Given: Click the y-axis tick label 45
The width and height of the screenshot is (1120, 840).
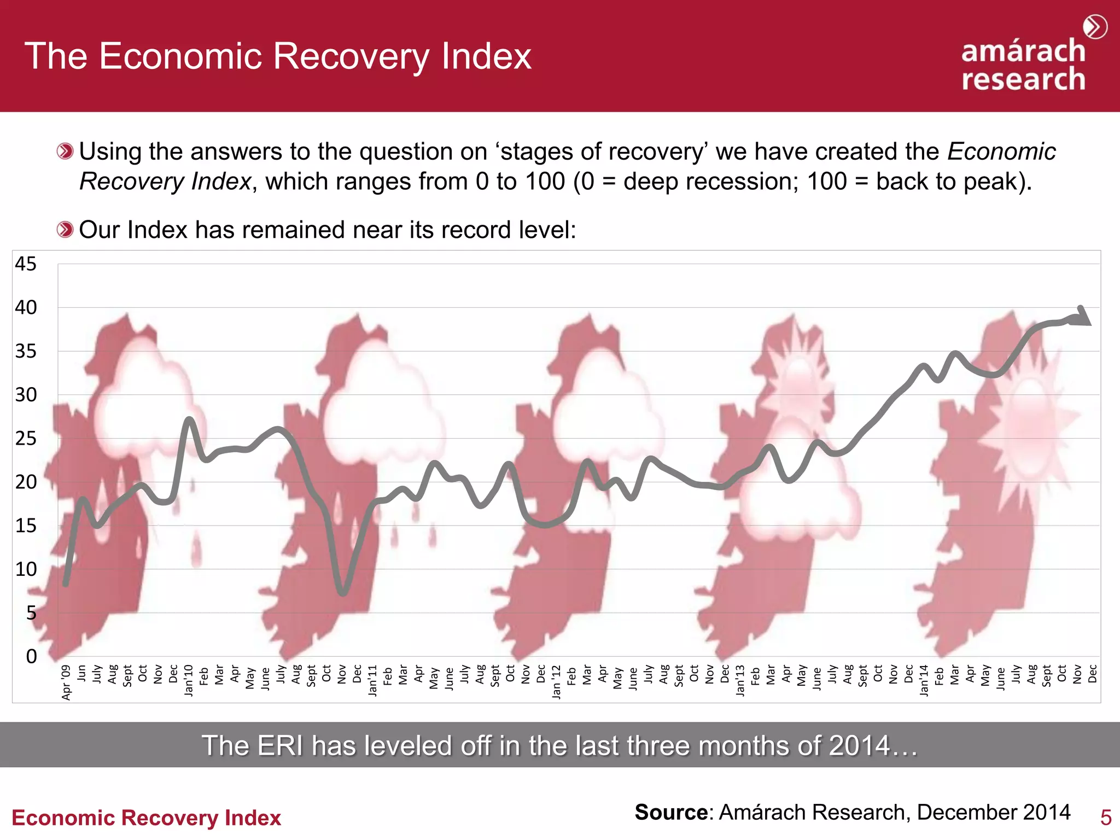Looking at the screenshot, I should coord(26,264).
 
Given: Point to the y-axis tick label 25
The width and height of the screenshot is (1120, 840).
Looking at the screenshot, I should coord(26,439).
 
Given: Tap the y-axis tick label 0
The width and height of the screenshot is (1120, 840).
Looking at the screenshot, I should coord(32,656).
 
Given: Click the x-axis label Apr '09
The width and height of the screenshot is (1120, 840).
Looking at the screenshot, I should coord(67,682).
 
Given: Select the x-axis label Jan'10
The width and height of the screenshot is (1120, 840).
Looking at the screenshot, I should coord(189,680).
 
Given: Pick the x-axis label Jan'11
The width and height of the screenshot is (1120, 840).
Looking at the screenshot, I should coord(373,680).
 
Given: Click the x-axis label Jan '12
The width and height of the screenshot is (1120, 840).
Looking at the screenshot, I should coord(557,681).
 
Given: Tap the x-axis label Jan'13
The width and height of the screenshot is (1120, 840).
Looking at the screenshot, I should coord(740,680).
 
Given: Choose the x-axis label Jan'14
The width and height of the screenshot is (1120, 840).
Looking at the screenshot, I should coord(924,680).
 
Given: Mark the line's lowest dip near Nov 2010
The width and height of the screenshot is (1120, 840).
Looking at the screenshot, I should coord(343,592).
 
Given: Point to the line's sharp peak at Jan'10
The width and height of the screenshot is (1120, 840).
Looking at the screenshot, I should coord(189,419).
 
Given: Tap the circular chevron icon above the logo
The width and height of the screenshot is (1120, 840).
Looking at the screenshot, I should coord(1095,27).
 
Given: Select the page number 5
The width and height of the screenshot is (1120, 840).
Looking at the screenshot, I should coord(1105,818).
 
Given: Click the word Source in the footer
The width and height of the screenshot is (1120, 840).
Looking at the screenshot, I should coord(671,813).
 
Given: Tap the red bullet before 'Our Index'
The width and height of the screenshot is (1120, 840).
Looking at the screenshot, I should coord(65,230).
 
